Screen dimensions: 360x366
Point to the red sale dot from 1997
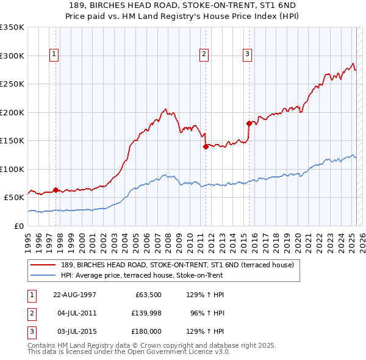(x=56, y=190)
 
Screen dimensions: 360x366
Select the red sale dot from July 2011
(x=206, y=146)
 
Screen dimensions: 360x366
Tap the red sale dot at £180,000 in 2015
(x=249, y=123)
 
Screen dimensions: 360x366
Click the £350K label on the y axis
(x=12, y=27)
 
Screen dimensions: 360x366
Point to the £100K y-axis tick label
(x=12, y=169)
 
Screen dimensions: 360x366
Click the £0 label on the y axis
(x=18, y=226)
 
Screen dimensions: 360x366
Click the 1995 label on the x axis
(x=28, y=242)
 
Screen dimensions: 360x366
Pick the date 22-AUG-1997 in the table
(x=74, y=295)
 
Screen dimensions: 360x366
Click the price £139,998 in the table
(x=144, y=313)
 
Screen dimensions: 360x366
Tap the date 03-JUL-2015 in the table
(x=74, y=331)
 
